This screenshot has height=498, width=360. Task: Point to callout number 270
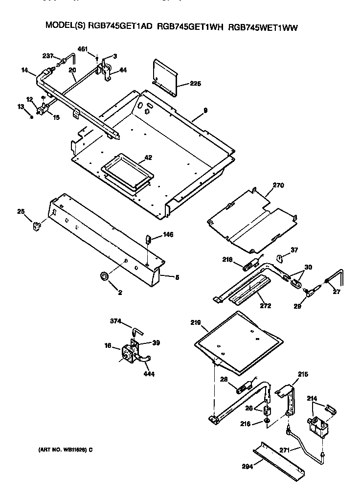[x=278, y=185]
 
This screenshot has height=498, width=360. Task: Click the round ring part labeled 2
[x=104, y=277]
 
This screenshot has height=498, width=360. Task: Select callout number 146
[x=168, y=235]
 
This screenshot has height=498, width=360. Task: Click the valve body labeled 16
[x=129, y=354]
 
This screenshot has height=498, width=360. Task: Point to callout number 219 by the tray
[x=196, y=322]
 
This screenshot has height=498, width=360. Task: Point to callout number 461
[x=84, y=49]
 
